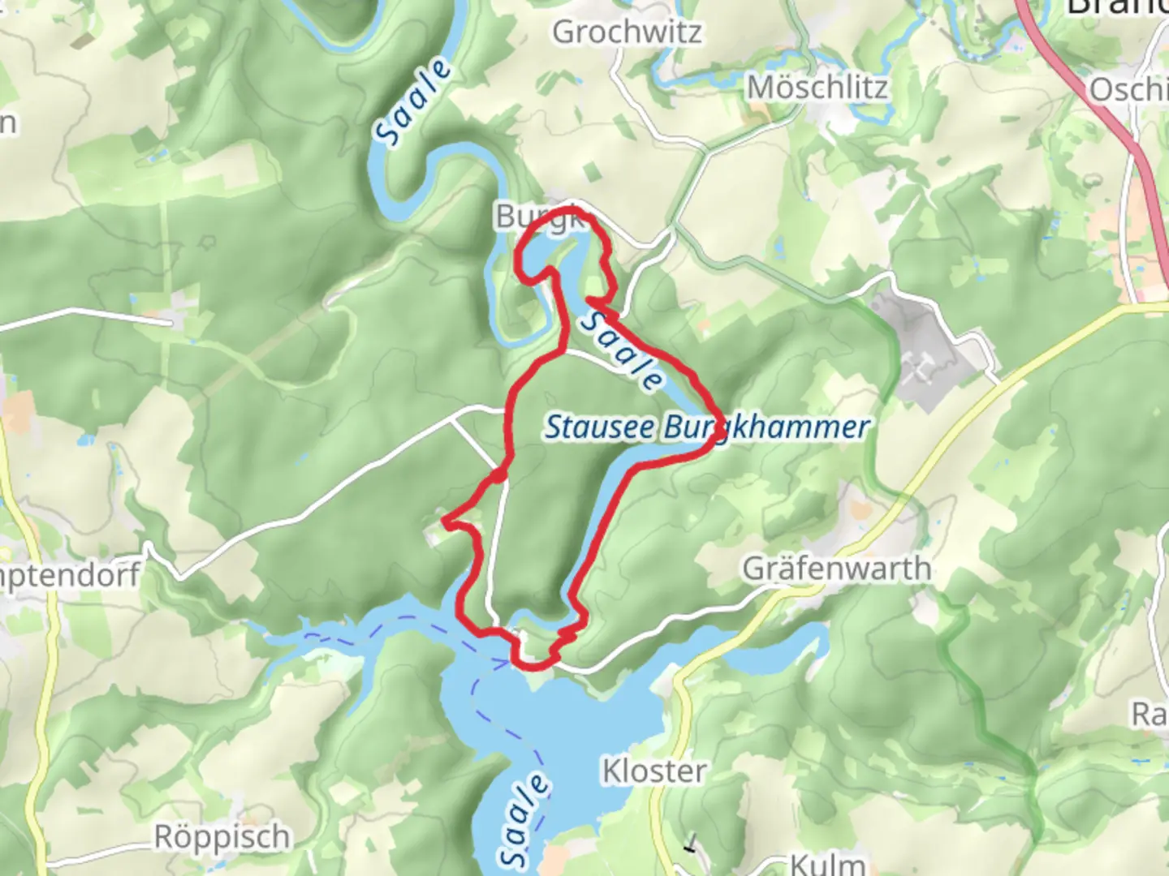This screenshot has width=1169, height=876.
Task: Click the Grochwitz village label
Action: [x=627, y=32]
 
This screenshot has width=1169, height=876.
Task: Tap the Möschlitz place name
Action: [x=817, y=88]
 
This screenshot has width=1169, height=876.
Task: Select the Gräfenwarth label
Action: [x=836, y=569]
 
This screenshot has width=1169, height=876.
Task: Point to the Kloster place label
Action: [x=654, y=771]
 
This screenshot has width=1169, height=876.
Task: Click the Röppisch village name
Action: [x=222, y=837]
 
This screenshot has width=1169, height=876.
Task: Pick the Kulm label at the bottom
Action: [x=826, y=863]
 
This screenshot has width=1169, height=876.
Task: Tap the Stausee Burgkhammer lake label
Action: [x=706, y=427]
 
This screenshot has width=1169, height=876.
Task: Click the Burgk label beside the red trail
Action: [x=536, y=217]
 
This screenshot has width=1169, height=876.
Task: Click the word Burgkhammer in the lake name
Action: [x=767, y=427]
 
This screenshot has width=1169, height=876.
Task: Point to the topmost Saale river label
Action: [x=414, y=103]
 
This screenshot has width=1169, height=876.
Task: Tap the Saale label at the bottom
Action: [x=524, y=819]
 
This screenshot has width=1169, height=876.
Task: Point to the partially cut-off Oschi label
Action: [x=1128, y=89]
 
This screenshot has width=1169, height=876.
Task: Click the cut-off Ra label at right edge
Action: [x=1150, y=715]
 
